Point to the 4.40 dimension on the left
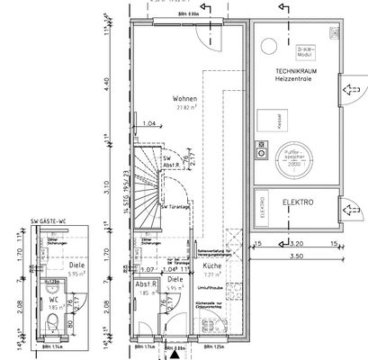click(x=107, y=81)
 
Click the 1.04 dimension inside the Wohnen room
click(x=149, y=122)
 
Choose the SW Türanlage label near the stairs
click(x=173, y=207)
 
